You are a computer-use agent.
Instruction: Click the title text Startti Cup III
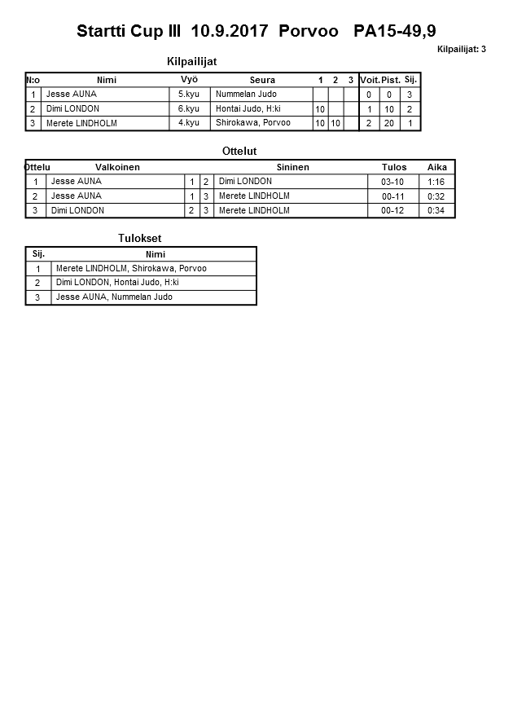(129, 31)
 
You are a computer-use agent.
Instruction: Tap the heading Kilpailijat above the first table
(191, 61)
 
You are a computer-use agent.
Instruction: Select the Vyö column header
(189, 80)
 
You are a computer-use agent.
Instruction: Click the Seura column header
(262, 80)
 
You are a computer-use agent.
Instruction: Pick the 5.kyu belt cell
(188, 95)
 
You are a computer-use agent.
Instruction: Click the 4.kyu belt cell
(188, 123)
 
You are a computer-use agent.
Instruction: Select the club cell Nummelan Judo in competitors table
(246, 95)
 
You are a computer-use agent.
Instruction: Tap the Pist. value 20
(390, 123)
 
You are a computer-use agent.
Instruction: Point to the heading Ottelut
(239, 151)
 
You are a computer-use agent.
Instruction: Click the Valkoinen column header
(117, 167)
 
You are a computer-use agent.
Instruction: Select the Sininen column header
(292, 167)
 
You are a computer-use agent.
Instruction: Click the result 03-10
(392, 182)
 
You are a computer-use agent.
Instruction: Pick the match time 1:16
(436, 182)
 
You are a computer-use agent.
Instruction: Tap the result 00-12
(392, 211)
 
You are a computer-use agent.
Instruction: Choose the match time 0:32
(436, 196)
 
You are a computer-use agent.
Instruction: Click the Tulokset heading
(141, 238)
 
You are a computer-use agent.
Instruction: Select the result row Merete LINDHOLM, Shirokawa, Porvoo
(131, 268)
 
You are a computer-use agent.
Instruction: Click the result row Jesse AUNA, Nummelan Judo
(114, 297)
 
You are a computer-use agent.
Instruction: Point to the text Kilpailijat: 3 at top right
(461, 50)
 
